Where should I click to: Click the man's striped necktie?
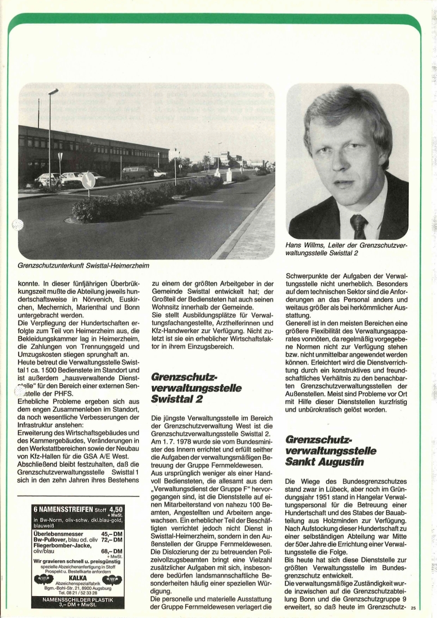[358, 226]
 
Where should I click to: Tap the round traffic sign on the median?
[88, 181]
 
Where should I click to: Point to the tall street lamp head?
[53, 91]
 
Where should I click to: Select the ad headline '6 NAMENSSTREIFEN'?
[61, 510]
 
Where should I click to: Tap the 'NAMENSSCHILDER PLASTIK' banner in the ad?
[79, 600]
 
